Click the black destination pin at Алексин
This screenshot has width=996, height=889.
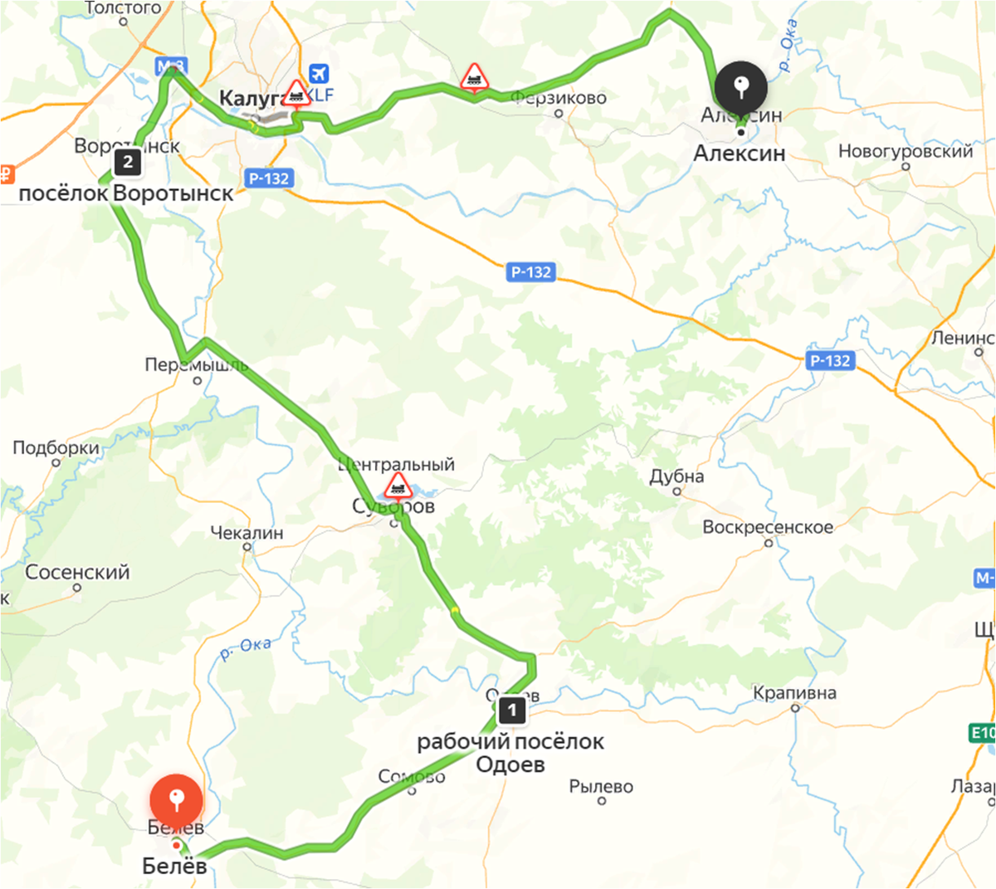(x=741, y=85)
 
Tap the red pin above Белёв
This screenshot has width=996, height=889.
(x=176, y=800)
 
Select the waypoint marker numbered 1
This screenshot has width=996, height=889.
(x=512, y=710)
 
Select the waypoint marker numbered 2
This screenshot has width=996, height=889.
(x=128, y=162)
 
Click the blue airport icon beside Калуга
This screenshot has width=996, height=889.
(x=318, y=74)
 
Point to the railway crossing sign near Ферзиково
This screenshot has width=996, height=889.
(x=474, y=77)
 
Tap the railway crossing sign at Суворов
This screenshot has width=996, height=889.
(x=398, y=486)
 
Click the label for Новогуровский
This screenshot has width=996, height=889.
(x=906, y=151)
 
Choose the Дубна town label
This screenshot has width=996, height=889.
(x=676, y=476)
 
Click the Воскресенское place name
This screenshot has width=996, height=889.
(x=768, y=527)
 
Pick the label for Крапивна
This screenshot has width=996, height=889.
(x=794, y=693)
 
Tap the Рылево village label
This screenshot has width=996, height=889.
(x=601, y=786)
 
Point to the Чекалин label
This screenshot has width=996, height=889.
(x=247, y=533)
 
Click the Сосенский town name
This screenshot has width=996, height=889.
(x=77, y=572)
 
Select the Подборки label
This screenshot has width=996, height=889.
(x=56, y=448)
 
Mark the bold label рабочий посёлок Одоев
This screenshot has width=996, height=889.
(x=510, y=753)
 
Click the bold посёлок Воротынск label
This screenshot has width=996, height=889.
(x=126, y=193)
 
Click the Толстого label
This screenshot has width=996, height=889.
(x=123, y=7)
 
